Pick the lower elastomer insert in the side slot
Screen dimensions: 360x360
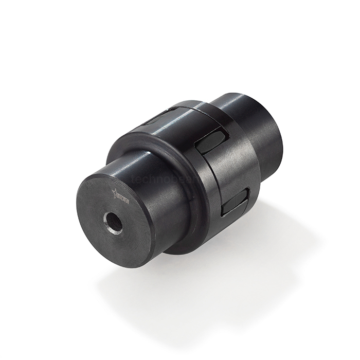[x=235, y=202]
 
